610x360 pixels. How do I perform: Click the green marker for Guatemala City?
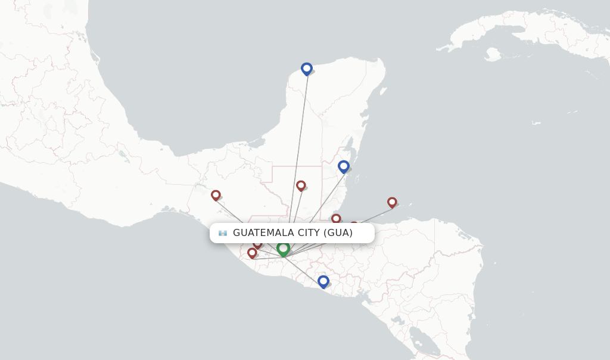pos(283,248)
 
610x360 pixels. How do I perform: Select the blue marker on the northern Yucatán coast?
pos(306,69)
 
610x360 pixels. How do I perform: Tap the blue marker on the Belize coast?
pos(343,166)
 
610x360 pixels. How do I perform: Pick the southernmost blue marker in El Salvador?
pos(323,281)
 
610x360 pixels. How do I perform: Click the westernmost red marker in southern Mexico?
pos(216,195)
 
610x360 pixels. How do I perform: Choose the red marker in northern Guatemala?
pos(301,185)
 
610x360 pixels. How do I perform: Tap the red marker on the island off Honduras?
pos(392,202)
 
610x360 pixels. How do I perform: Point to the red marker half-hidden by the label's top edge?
pos(354,225)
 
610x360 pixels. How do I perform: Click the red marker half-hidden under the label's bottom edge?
pos(257,244)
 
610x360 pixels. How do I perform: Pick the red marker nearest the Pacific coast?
pos(252,253)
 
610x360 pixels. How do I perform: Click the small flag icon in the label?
pos(223,233)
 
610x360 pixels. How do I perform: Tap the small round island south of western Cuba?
pos(492,55)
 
